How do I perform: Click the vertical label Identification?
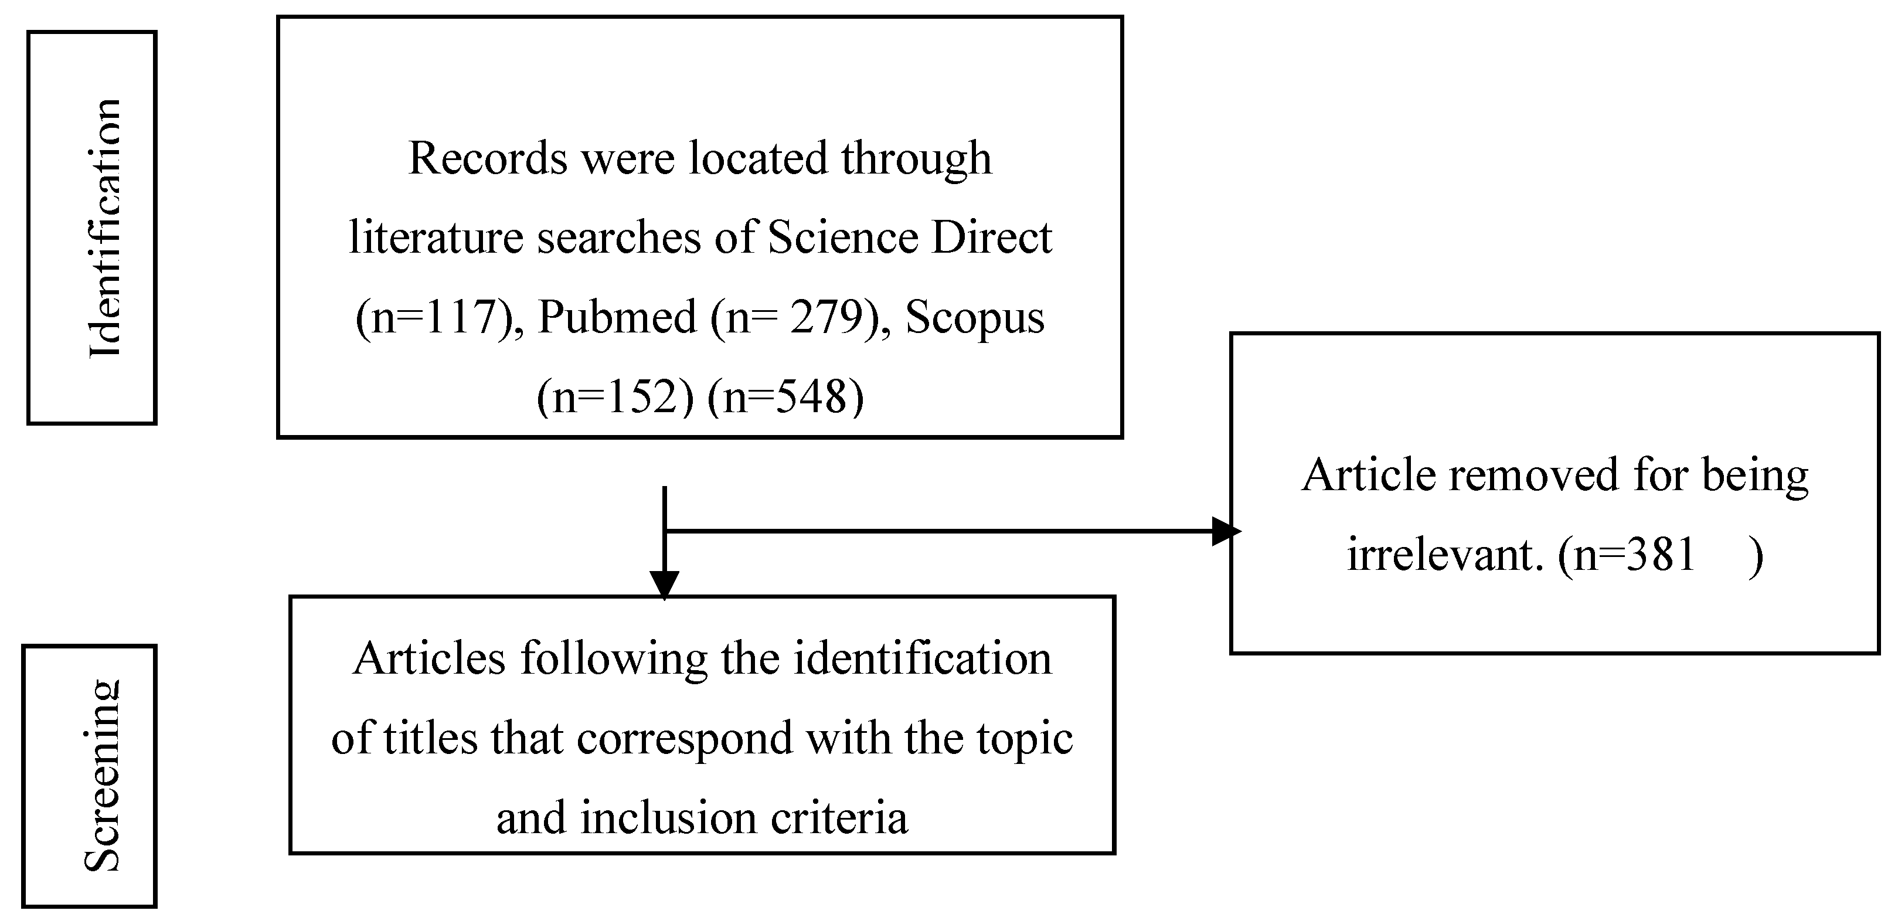pyautogui.click(x=104, y=229)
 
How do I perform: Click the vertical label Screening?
pyautogui.click(x=101, y=775)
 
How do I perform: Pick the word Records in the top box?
pyautogui.click(x=488, y=158)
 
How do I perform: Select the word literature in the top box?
pyautogui.click(x=436, y=238)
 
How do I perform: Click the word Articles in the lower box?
pyautogui.click(x=429, y=658)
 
